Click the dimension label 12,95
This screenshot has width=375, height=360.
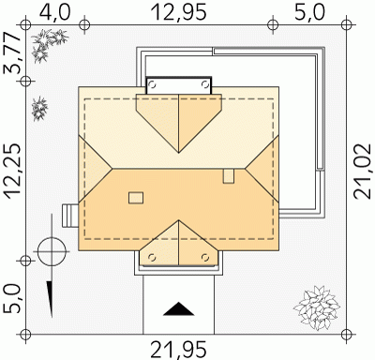click(178, 12)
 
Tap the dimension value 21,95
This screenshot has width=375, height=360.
click(178, 350)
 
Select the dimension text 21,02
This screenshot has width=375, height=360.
click(363, 172)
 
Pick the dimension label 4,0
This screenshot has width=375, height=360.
click(55, 12)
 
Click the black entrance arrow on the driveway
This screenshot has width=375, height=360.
click(178, 308)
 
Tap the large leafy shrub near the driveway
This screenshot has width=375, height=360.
click(317, 307)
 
